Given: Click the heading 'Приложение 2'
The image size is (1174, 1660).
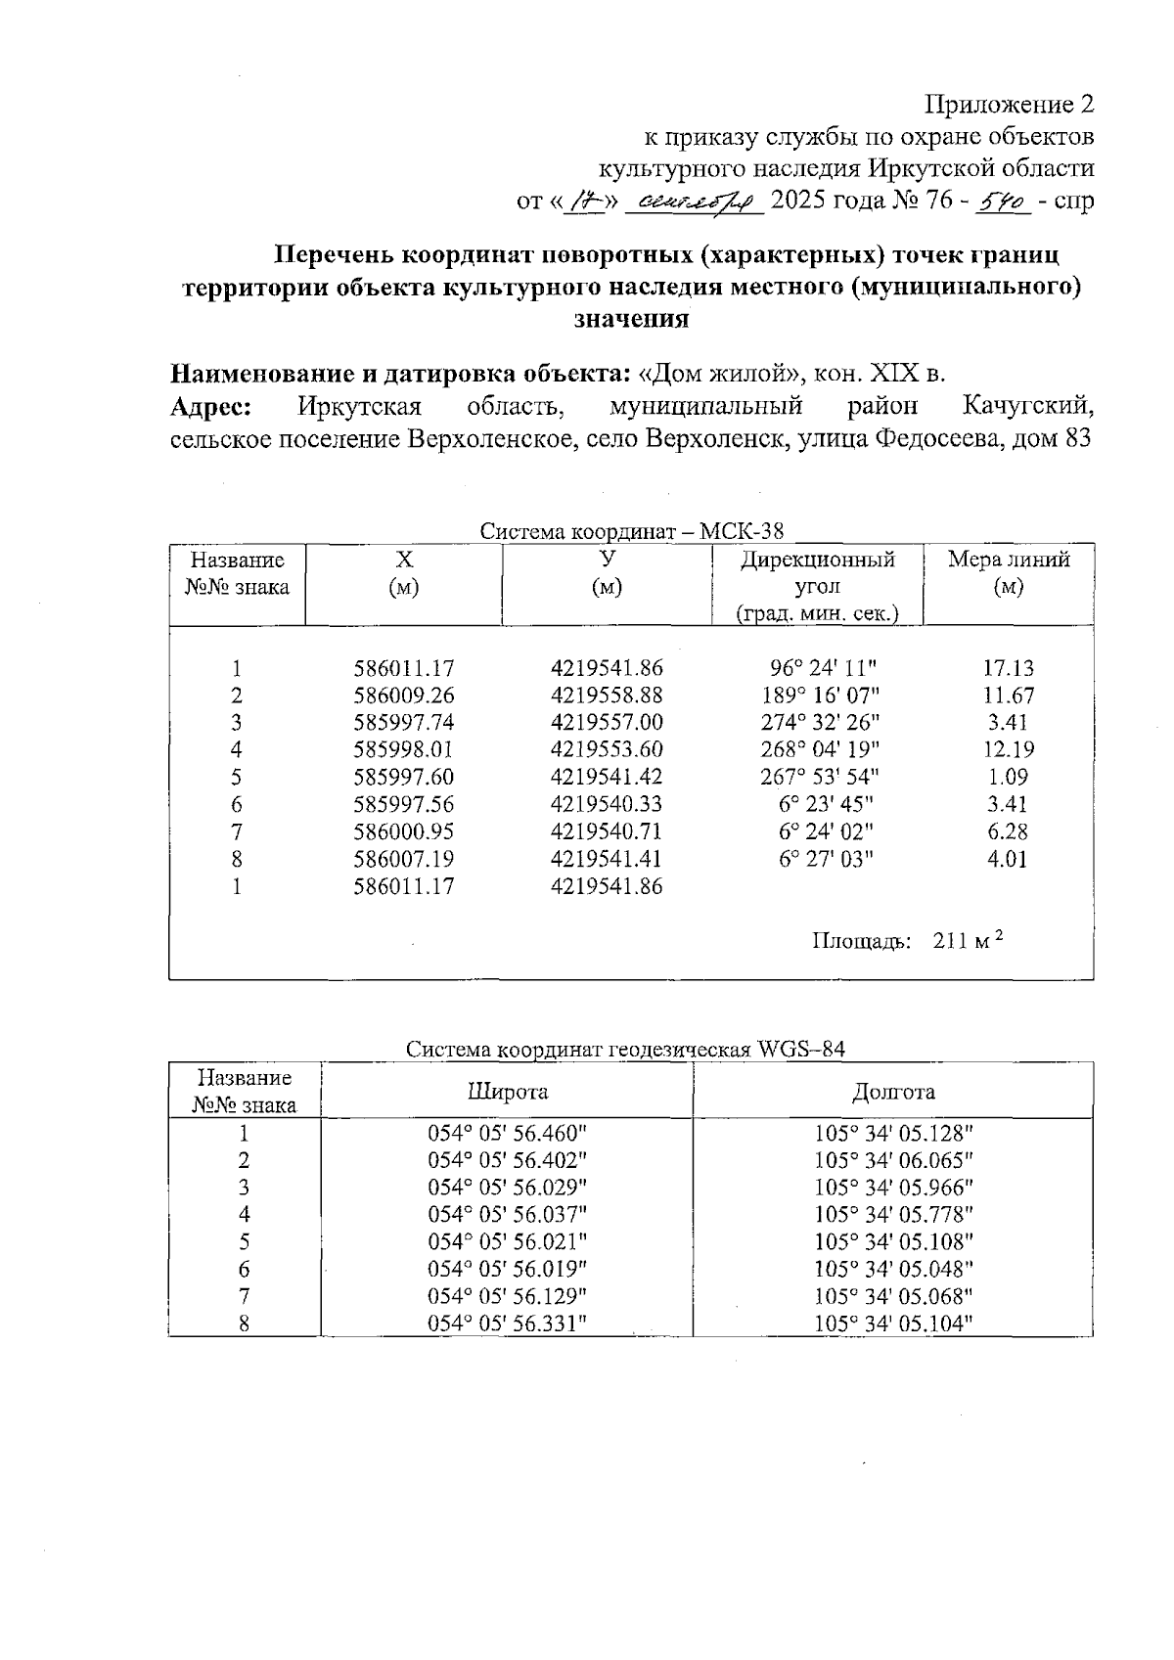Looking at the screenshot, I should pyautogui.click(x=1009, y=105).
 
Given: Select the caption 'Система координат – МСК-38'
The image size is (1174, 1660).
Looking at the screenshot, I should pyautogui.click(x=632, y=531).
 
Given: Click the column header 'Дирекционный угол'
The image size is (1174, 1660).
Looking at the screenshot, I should pyautogui.click(x=817, y=572).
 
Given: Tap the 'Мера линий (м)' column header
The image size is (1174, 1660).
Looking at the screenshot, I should pyautogui.click(x=1008, y=572).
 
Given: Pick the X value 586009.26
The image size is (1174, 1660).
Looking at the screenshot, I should pyautogui.click(x=404, y=695).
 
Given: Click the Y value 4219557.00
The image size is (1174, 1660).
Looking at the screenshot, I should pyautogui.click(x=607, y=723).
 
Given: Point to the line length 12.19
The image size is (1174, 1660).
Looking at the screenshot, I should pyautogui.click(x=1008, y=750).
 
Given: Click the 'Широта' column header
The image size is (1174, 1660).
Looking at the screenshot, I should pyautogui.click(x=507, y=1092).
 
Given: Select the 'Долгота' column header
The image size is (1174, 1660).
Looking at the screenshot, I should pyautogui.click(x=893, y=1092).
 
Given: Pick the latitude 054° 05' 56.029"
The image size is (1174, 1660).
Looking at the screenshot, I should pyautogui.click(x=507, y=1188).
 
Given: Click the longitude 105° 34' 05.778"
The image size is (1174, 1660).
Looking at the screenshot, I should pyautogui.click(x=893, y=1215).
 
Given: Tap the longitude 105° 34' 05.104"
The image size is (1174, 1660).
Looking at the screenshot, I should pyautogui.click(x=893, y=1324).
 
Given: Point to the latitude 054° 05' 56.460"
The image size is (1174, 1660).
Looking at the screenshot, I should pyautogui.click(x=507, y=1134).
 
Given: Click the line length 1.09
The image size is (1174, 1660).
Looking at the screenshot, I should pyautogui.click(x=1008, y=778).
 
